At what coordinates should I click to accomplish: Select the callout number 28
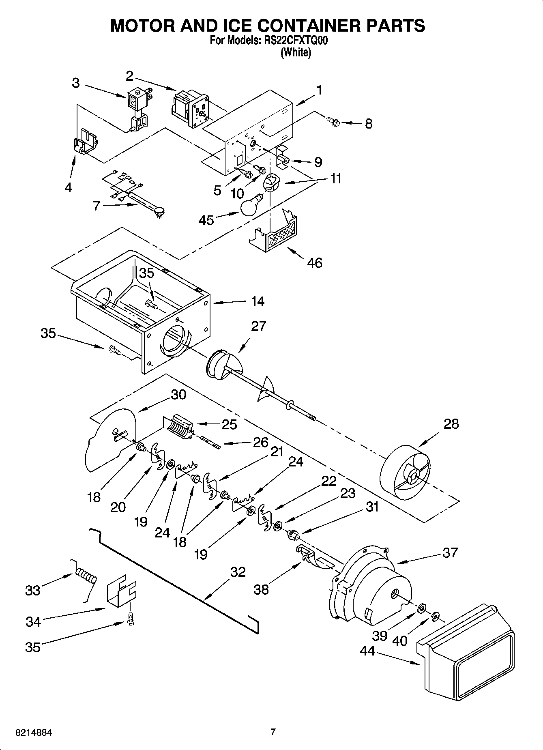coord(451,424)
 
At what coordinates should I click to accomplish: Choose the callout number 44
coord(368,651)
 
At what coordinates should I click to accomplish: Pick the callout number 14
coord(258,301)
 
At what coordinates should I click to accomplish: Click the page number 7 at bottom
coord(273,732)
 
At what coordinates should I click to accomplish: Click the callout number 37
coord(450,552)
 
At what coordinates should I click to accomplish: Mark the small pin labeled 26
coord(210,441)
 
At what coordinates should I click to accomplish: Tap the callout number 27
coord(258,326)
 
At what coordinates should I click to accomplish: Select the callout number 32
coord(238,572)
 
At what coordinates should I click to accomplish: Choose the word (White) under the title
coord(296,52)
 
